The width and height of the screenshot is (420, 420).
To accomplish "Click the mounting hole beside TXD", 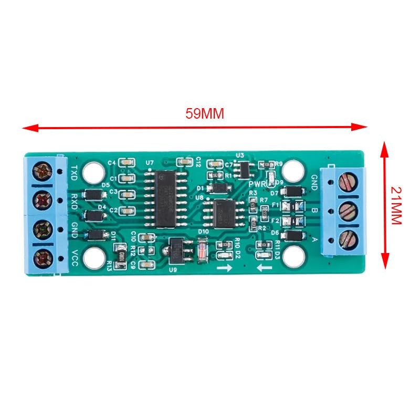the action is [94, 171].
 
